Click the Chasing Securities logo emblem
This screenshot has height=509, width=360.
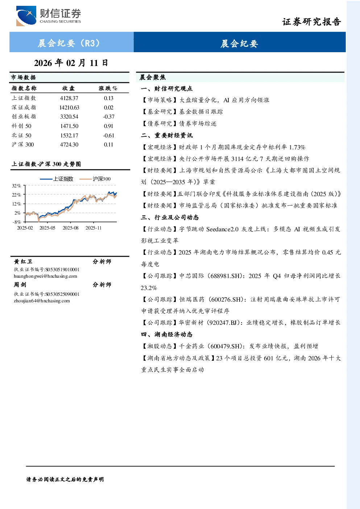(x=26, y=16)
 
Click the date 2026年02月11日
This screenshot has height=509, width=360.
(x=71, y=63)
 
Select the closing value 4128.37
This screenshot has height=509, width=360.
(x=69, y=98)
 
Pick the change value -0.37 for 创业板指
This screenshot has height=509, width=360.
(x=109, y=117)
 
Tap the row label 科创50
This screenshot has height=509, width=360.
(x=21, y=126)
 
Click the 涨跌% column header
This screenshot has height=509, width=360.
(x=108, y=88)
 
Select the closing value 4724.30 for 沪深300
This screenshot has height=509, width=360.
(x=69, y=145)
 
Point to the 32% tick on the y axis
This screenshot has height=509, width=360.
(x=16, y=186)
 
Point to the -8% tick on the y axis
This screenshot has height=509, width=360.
(x=17, y=222)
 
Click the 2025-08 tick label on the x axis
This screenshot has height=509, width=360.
(x=70, y=228)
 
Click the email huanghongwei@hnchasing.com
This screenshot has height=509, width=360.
(x=45, y=276)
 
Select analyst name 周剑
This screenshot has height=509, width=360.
(x=20, y=285)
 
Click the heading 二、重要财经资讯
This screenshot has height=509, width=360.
(x=167, y=136)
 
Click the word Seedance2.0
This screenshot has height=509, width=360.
(x=222, y=229)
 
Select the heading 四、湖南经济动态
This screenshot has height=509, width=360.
(x=167, y=334)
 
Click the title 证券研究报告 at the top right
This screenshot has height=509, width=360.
(x=311, y=22)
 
